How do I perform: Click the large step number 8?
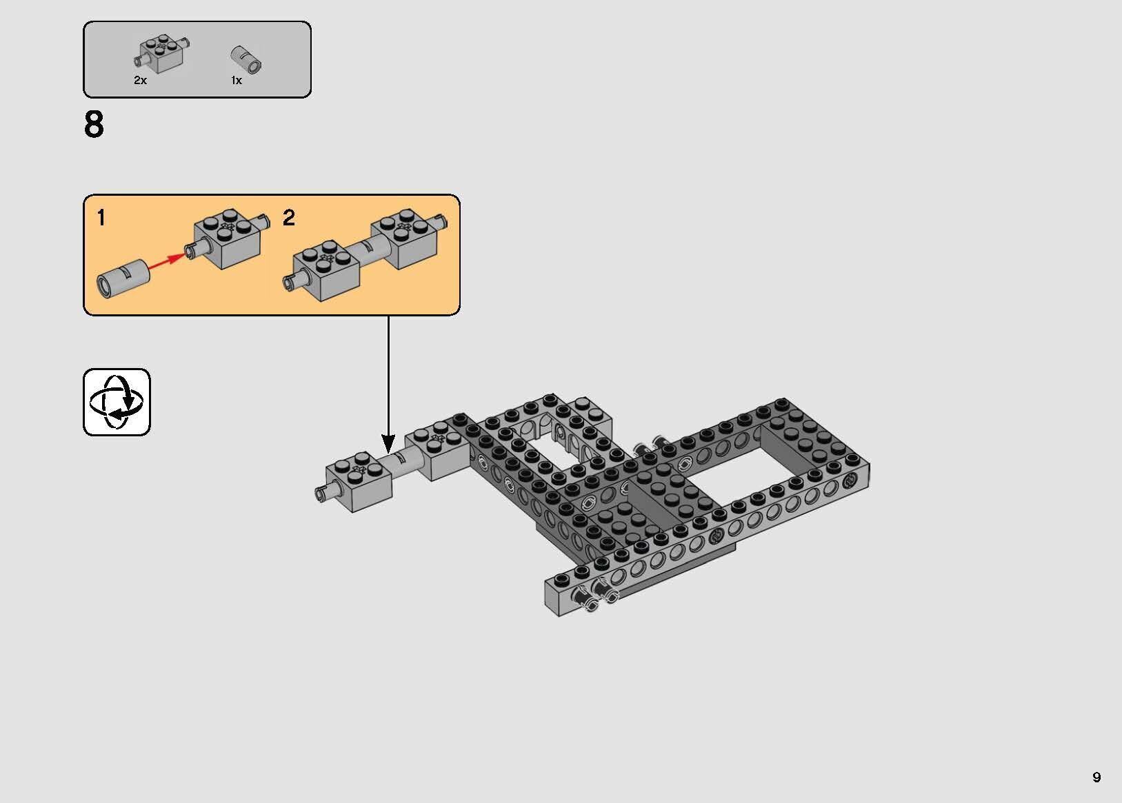pos(94,125)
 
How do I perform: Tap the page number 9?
pos(1096,777)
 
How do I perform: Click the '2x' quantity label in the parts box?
pos(140,81)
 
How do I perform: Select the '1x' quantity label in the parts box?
pos(237,81)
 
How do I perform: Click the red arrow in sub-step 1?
pos(168,262)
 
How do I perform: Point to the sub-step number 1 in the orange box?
pos(101,218)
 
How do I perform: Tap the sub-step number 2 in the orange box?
pos(289,218)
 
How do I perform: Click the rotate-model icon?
pos(117,402)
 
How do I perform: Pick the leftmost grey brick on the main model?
pos(359,485)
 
